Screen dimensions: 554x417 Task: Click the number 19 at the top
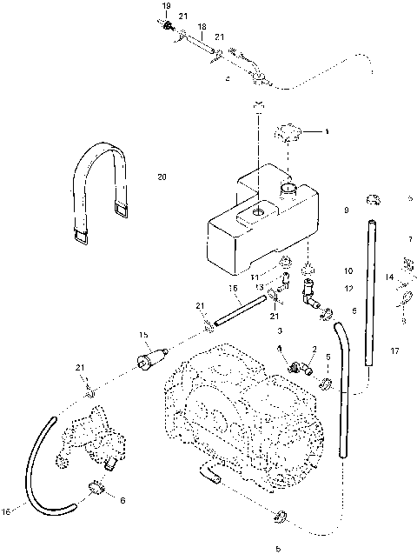[167, 7]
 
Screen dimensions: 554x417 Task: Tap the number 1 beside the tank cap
[326, 132]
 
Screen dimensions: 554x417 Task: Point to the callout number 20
[162, 177]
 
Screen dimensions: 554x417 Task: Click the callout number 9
[346, 210]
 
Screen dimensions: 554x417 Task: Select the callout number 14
[390, 277]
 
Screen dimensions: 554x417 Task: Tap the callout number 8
[404, 320]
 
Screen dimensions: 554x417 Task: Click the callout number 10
[347, 270]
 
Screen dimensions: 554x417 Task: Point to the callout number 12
[347, 288]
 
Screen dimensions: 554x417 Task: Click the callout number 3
[281, 330]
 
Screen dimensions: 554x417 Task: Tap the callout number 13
[258, 287]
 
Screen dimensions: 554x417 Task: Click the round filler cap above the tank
[288, 135]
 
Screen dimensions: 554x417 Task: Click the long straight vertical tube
[371, 291]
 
